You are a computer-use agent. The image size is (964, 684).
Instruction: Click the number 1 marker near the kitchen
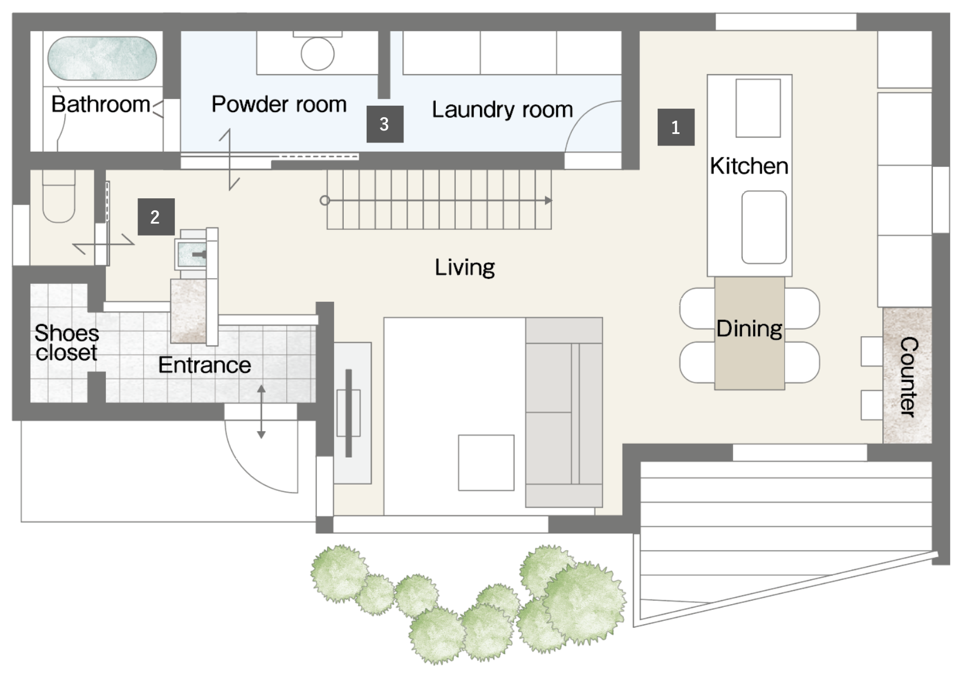tap(675, 128)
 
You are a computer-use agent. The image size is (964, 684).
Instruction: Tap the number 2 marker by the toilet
tap(156, 217)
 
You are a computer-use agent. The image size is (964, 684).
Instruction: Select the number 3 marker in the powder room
tap(385, 124)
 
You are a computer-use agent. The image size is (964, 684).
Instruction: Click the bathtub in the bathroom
tap(102, 58)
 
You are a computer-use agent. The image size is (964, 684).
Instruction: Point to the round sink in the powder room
tap(318, 54)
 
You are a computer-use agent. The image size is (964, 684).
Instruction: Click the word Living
tap(465, 267)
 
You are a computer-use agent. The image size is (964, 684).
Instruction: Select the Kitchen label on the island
tap(749, 166)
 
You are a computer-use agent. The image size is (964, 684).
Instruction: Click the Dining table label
tap(749, 329)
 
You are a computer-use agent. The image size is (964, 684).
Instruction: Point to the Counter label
tap(908, 377)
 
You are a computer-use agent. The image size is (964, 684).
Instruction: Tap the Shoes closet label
tap(67, 343)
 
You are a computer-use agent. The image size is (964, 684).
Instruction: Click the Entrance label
tap(205, 365)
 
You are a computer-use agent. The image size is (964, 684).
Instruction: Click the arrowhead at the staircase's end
tap(548, 201)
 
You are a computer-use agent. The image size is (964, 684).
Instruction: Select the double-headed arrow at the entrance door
tap(261, 412)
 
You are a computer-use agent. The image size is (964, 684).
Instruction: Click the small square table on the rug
tap(486, 463)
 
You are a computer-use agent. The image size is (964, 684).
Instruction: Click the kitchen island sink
tap(764, 227)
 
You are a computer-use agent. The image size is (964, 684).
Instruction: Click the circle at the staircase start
tap(325, 201)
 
